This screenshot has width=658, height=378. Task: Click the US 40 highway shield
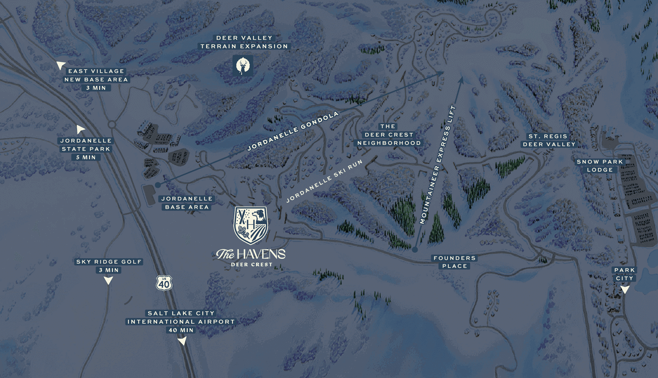(x=164, y=283)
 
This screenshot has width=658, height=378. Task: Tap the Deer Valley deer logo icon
(x=243, y=66)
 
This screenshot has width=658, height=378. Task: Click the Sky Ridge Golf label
(x=109, y=262)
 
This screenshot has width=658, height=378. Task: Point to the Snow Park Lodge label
(x=600, y=166)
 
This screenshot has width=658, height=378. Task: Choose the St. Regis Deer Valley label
(x=549, y=140)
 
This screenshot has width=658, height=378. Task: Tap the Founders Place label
(x=454, y=262)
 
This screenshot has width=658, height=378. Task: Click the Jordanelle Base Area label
(x=187, y=203)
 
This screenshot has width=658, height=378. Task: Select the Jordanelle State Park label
(x=86, y=145)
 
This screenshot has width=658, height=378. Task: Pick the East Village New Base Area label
(x=96, y=75)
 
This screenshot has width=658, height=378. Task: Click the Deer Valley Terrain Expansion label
(x=244, y=42)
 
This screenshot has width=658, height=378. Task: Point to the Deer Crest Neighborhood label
(x=389, y=135)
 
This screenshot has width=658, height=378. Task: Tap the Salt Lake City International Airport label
(x=181, y=317)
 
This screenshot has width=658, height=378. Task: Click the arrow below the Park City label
(x=625, y=289)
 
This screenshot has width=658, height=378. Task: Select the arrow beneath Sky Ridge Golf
(x=108, y=280)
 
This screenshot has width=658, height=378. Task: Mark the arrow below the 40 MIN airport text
(x=182, y=340)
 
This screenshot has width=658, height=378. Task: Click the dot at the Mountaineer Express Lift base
(x=415, y=250)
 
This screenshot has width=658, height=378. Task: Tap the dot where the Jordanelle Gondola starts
(x=158, y=185)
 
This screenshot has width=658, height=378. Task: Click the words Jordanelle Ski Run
(x=324, y=181)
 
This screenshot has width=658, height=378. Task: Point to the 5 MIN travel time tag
(x=86, y=157)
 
